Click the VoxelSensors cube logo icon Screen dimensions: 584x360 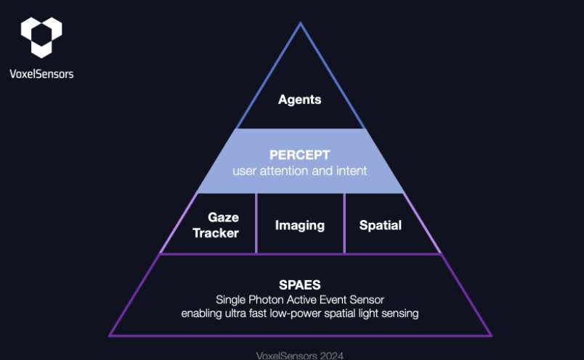(x=41, y=37)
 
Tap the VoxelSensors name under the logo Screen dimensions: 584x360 (x=41, y=74)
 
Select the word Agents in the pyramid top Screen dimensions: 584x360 (x=300, y=99)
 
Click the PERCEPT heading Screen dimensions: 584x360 (x=300, y=155)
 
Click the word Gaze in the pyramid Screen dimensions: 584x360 (x=224, y=218)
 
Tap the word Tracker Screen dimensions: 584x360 (x=216, y=233)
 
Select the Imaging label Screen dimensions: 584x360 (x=300, y=226)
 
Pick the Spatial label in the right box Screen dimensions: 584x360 (x=381, y=225)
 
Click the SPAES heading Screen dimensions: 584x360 (x=300, y=285)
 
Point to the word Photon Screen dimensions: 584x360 (x=266, y=300)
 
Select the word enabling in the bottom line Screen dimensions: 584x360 (x=201, y=314)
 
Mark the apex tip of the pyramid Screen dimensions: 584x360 (x=300, y=22)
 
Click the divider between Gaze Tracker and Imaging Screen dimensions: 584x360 (x=256, y=224)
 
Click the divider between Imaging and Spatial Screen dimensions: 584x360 (x=344, y=224)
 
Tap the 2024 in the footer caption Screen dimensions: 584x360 (x=331, y=356)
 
